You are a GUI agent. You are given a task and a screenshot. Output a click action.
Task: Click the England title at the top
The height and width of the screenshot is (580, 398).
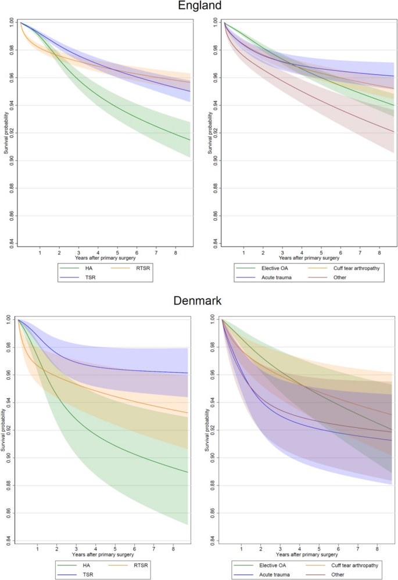click(199, 6)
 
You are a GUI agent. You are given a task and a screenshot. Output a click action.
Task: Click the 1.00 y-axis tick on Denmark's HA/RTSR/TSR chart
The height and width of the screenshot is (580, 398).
click(12, 319)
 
